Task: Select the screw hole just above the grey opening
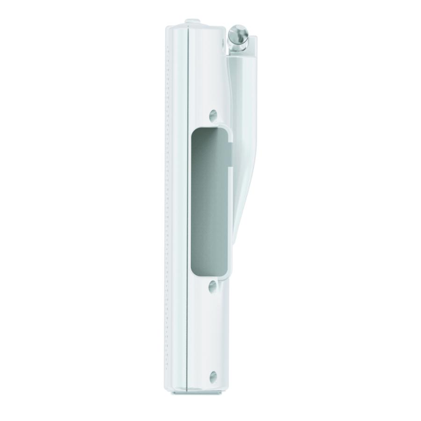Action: coord(213,113)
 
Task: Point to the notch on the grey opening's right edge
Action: coord(231,154)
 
